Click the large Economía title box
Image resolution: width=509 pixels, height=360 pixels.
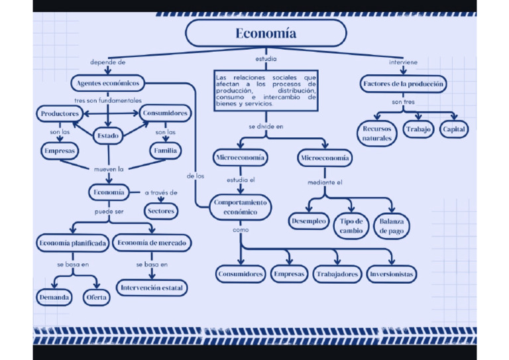[x=266, y=33]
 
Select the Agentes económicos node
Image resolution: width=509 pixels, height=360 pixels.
[x=108, y=84]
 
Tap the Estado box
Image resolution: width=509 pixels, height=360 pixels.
[x=108, y=136]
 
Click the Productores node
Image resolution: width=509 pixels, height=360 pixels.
[x=60, y=114]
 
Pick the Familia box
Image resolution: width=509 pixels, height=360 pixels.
[x=165, y=151]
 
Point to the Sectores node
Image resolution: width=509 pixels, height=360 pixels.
[x=161, y=211]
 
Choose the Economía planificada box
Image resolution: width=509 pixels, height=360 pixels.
[x=72, y=243]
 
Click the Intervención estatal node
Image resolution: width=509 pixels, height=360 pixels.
[x=152, y=288]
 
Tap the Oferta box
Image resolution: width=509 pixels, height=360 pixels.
[x=96, y=298]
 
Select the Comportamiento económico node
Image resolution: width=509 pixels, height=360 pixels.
[x=240, y=207]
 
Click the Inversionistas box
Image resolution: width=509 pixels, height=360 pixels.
[x=392, y=274]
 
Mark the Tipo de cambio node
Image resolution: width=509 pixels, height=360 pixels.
[x=351, y=226]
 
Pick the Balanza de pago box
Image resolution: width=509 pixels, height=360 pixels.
[x=392, y=226]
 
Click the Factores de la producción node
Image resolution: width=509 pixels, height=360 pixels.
[x=404, y=84]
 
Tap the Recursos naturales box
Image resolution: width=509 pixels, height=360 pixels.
[x=377, y=133]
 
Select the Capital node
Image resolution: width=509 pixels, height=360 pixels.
[x=454, y=129]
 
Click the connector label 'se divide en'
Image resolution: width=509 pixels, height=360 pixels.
[x=266, y=126]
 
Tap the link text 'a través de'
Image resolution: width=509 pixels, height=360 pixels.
[x=161, y=193]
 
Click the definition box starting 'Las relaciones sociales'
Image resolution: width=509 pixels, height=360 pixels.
[x=266, y=90]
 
